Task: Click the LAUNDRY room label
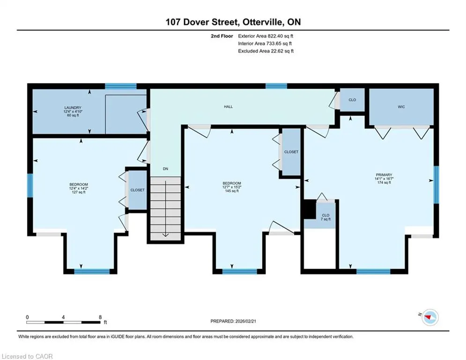pos(73,108)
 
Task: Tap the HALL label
pos(228,106)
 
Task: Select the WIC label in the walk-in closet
pos(401,107)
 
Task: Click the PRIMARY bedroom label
pos(384,175)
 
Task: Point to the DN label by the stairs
pos(165,169)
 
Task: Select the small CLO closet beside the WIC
pos(352,100)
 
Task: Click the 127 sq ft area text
pos(79,192)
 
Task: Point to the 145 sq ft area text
pos(232,191)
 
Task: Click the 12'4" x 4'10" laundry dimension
pos(73,112)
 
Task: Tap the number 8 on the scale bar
pos(100,317)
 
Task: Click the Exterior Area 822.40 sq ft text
pos(266,36)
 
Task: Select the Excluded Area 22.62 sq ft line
pos(266,51)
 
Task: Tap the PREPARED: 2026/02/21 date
pos(233,321)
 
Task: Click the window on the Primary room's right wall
pos(436,185)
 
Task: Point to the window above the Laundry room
pos(121,86)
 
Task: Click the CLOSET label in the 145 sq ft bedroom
pos(291,152)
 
